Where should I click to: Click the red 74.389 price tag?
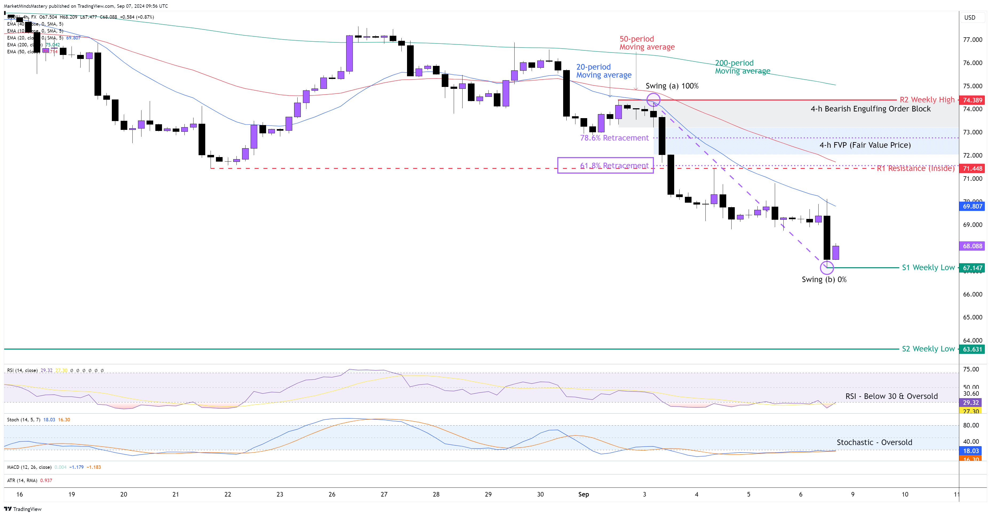pos(972,100)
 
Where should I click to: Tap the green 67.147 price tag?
pos(972,268)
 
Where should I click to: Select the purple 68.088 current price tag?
pos(972,246)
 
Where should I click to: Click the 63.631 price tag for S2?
pos(972,349)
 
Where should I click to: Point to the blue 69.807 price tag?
pos(972,206)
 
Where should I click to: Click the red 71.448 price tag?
pos(972,169)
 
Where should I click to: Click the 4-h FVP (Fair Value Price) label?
pos(865,145)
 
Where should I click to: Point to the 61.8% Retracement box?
pos(605,165)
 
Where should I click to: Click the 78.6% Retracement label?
pos(614,138)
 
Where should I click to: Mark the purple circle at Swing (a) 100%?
pos(653,100)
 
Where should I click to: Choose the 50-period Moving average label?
pos(647,43)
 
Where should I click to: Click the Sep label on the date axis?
pos(583,494)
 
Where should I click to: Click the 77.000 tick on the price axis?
pos(972,40)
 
